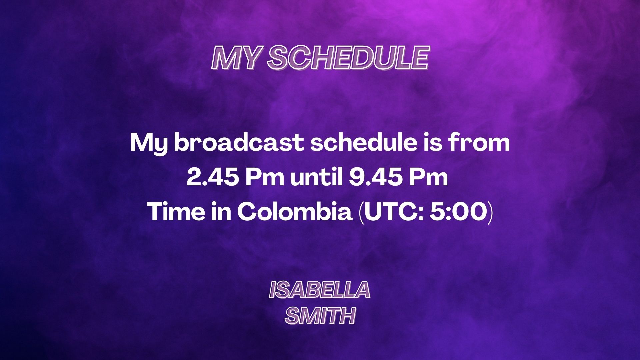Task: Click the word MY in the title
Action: (x=235, y=58)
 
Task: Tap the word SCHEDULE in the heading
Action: (x=348, y=58)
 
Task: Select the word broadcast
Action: (x=239, y=143)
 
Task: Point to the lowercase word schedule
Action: (x=364, y=143)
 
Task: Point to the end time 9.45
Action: (x=376, y=177)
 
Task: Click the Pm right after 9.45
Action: (x=428, y=177)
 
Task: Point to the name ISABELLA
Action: (x=320, y=289)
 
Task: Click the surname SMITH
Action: (x=320, y=315)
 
